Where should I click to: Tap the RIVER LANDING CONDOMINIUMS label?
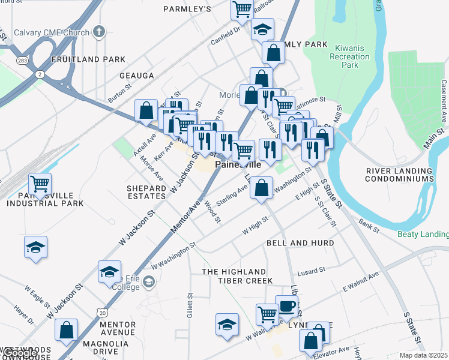point(400,175)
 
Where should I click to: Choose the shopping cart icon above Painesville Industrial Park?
point(40,184)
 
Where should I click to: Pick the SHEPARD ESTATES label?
point(146,192)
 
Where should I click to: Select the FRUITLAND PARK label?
point(89,59)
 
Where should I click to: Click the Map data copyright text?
point(424,355)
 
